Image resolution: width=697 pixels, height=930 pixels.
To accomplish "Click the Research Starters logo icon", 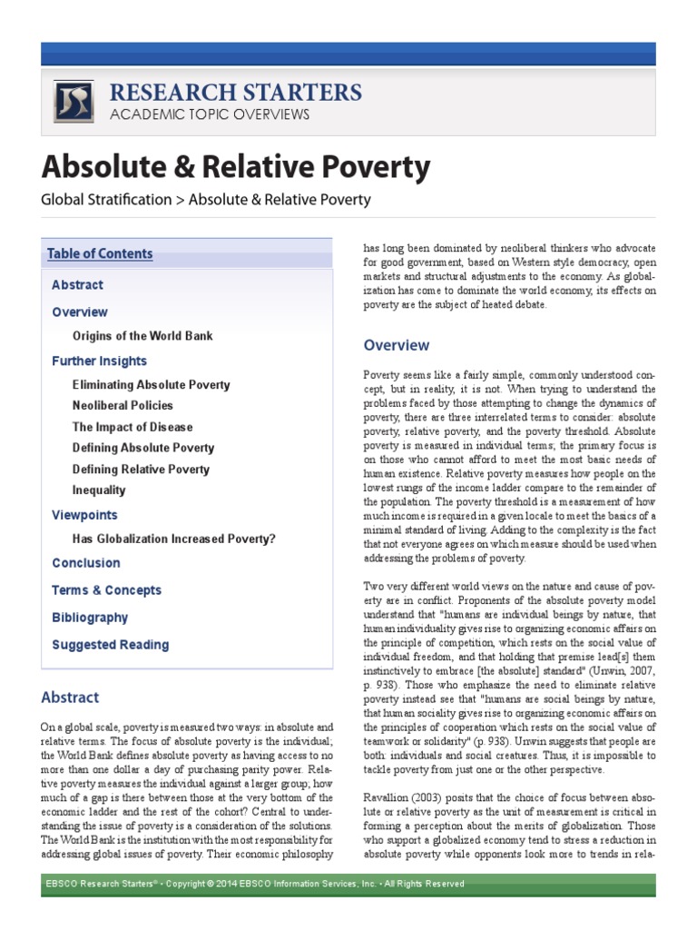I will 74,101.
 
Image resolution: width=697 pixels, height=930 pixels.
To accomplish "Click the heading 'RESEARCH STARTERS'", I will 235,92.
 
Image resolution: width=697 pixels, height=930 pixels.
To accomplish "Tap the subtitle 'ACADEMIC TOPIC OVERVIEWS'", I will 209,114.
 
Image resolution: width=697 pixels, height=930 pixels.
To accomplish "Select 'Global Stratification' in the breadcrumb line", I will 105,199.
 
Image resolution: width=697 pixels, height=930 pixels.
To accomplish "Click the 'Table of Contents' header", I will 100,254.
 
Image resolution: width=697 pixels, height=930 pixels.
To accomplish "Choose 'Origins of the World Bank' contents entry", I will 142,336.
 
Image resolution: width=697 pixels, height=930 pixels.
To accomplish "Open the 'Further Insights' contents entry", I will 99,361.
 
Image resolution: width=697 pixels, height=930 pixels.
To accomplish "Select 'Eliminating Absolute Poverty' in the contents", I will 151,385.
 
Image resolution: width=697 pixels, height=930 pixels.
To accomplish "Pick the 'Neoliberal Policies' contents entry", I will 123,406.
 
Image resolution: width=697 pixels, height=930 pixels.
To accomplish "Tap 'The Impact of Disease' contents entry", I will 133,427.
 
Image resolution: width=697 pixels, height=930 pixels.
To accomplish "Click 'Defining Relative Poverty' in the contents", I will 141,470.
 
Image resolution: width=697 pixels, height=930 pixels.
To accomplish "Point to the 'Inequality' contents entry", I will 100,490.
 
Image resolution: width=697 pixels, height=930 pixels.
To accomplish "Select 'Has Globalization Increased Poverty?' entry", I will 174,539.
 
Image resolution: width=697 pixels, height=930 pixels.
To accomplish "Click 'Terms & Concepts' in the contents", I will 106,590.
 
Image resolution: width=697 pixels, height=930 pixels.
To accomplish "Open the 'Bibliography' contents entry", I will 90,618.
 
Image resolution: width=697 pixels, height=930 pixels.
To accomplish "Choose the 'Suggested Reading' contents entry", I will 110,645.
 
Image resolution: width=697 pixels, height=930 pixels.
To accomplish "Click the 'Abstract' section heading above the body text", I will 70,697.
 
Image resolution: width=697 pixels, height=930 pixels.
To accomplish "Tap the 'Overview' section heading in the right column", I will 397,345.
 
